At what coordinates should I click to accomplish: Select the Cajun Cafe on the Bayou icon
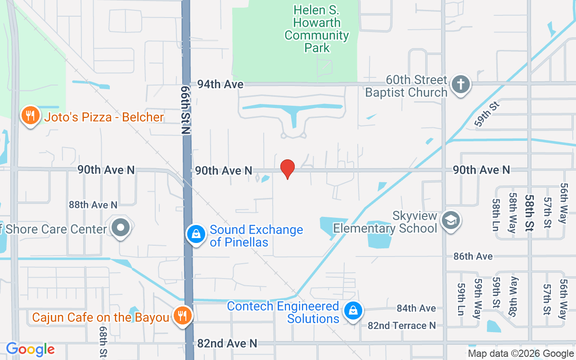pyautogui.click(x=182, y=316)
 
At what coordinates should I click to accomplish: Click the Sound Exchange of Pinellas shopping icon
pyautogui.click(x=196, y=234)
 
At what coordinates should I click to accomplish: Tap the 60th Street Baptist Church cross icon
pyautogui.click(x=460, y=84)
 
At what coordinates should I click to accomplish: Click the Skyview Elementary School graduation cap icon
pyautogui.click(x=450, y=220)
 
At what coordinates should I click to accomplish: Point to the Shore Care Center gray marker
pyautogui.click(x=121, y=228)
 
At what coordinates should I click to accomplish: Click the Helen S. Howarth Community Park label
pyautogui.click(x=317, y=29)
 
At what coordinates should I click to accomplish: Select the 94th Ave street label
pyautogui.click(x=220, y=84)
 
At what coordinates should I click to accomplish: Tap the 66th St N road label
pyautogui.click(x=185, y=110)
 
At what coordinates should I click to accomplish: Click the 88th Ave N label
pyautogui.click(x=93, y=205)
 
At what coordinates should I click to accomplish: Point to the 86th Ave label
pyautogui.click(x=473, y=256)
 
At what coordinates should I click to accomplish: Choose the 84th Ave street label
pyautogui.click(x=416, y=308)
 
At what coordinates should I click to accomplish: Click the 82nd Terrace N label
pyautogui.click(x=402, y=325)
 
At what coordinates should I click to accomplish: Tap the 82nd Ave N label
pyautogui.click(x=227, y=343)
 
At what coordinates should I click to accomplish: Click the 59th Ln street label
pyautogui.click(x=460, y=299)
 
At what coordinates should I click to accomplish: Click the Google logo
pyautogui.click(x=30, y=349)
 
